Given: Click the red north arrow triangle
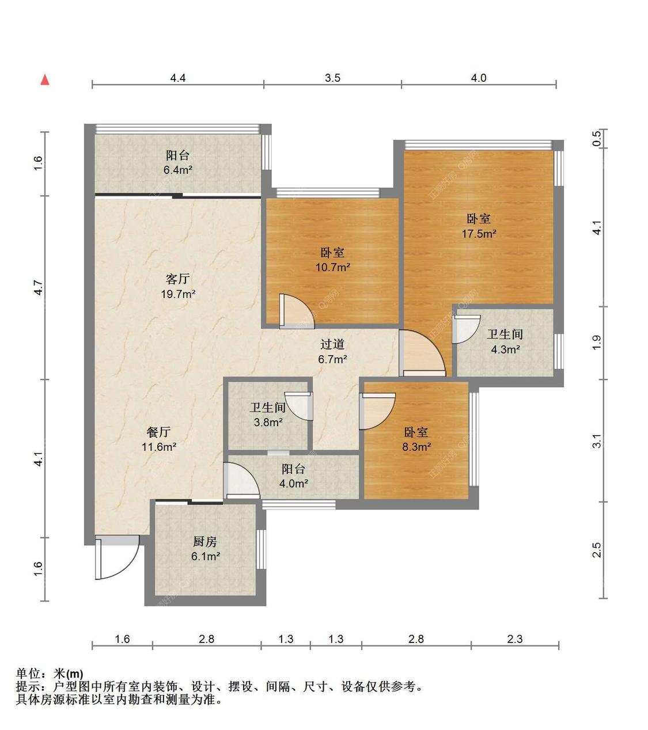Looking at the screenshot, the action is point(45,79).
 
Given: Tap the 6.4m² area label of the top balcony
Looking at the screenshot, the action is point(178,170).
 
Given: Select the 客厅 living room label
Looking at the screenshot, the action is point(178,279).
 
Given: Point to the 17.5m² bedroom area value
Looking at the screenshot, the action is point(479,234).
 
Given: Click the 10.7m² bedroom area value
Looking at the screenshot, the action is point(333,267).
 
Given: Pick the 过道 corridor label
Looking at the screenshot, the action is point(332,344).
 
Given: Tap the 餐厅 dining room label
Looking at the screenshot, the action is point(158,432).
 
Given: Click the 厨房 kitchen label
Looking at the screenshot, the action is point(205,541).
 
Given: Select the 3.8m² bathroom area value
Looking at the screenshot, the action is point(268,423).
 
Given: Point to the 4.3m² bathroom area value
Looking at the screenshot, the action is point(505,349).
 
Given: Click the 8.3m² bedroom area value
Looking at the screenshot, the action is point(416,447).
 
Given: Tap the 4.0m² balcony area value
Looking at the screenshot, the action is point(294,483).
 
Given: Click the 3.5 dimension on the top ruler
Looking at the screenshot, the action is point(332,78).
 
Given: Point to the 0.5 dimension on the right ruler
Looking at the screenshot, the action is point(597,138).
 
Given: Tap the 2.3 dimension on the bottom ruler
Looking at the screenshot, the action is point(514,639).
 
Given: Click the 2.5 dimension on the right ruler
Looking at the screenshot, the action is point(597,550).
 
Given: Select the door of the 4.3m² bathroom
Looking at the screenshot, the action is point(466,329).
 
